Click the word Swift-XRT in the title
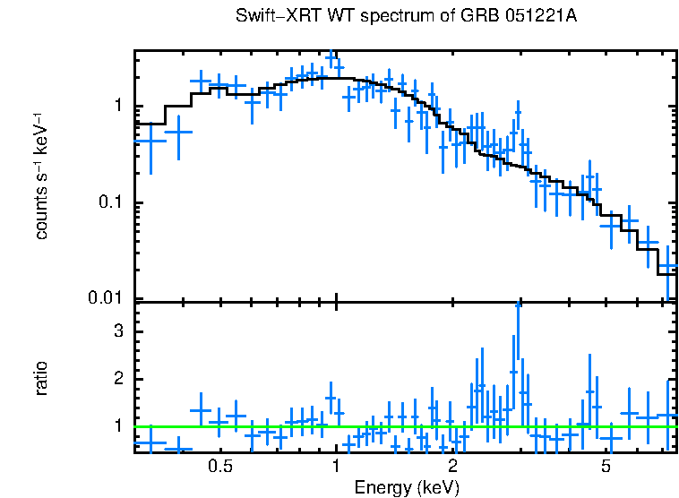(x=269, y=17)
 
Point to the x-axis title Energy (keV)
(x=407, y=487)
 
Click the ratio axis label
(x=42, y=378)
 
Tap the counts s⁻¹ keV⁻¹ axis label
(x=42, y=175)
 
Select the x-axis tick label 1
(x=336, y=467)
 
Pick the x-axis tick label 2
(x=452, y=467)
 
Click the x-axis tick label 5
(x=606, y=467)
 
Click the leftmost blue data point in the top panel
(x=150, y=141)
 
